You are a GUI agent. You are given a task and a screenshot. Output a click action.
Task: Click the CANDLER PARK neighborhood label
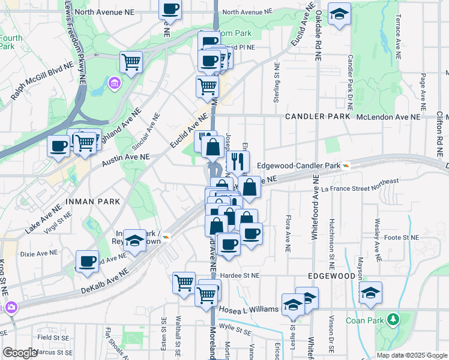coord(317,116)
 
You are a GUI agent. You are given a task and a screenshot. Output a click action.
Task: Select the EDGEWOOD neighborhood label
coord(331,275)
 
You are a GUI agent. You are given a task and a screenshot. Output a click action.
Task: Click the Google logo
coord(20,353)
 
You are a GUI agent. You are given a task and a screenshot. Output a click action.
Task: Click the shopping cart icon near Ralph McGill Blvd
coord(131,61)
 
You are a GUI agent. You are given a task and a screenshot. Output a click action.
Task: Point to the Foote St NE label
coord(402,238)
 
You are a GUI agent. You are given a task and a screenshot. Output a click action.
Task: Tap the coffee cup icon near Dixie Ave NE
coord(88,262)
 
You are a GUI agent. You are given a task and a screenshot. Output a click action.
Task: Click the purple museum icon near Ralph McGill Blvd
coord(113,82)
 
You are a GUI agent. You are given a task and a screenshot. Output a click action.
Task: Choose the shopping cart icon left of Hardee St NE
coord(184,281)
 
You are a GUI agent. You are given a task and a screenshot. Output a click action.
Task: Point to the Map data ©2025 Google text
coord(411,355)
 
